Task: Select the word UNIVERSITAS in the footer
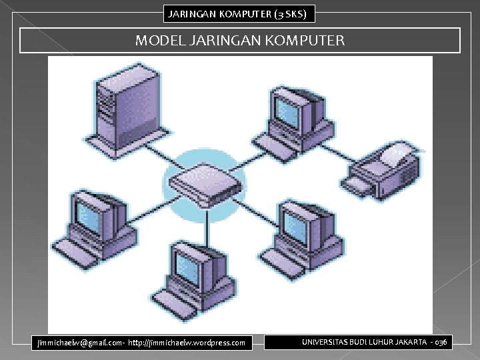(x=327, y=342)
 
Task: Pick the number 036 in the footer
(x=441, y=342)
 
